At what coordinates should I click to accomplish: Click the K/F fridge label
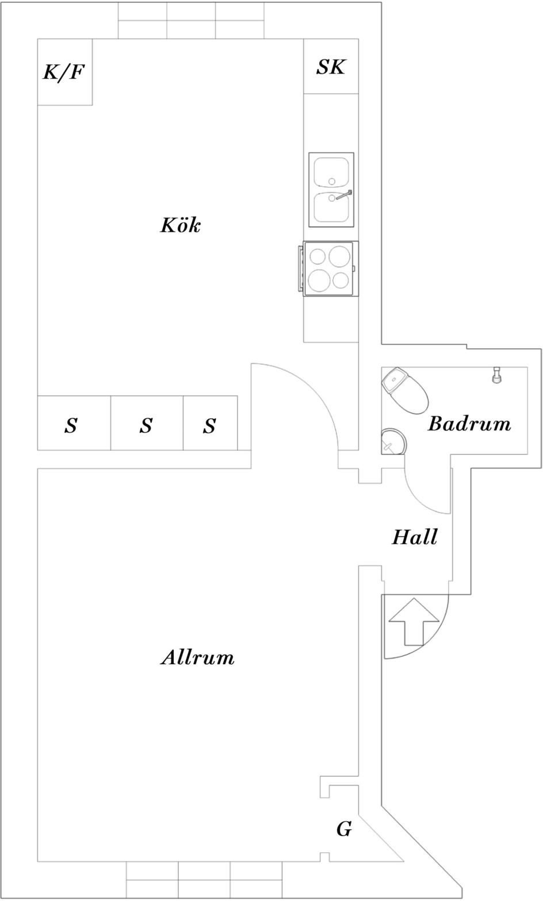coord(64,72)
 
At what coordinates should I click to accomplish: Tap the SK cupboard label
coord(331,67)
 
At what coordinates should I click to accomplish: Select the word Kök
coord(181,225)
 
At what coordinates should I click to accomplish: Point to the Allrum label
coord(197,657)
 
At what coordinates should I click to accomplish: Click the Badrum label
coord(469,423)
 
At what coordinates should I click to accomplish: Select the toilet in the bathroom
coord(404,390)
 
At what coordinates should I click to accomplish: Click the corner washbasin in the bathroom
coord(393,441)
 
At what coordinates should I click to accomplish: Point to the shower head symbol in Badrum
coord(497,375)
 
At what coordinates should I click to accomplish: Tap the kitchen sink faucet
coord(343,195)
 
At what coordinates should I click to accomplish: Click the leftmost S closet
coord(74,423)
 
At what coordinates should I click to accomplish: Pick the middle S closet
coord(147,423)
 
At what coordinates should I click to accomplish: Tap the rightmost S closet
coord(210,423)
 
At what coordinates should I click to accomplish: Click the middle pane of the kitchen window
coord(191,20)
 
